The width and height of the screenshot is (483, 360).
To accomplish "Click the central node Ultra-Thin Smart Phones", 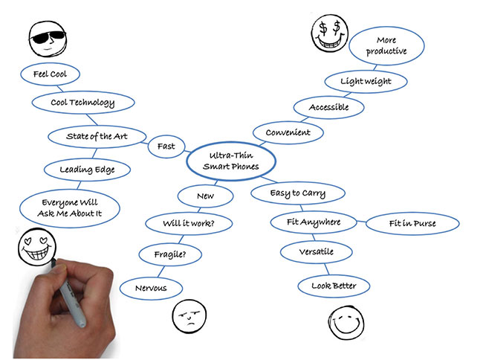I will [x=231, y=161].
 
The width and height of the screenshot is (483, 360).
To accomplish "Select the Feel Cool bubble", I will [x=51, y=74].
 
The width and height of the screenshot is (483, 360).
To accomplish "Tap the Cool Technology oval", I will [x=82, y=103].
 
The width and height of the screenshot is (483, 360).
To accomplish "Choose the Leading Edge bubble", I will [x=86, y=170].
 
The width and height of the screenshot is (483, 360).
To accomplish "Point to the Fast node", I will [x=166, y=146].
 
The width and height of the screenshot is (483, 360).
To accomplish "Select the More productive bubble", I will [x=386, y=46].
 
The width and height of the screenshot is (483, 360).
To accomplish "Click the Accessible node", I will [x=328, y=107].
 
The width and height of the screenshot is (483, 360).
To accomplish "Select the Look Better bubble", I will [x=334, y=286].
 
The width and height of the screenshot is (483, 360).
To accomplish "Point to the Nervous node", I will [x=151, y=289].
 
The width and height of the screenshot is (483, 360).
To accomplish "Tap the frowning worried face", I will [x=189, y=318].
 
